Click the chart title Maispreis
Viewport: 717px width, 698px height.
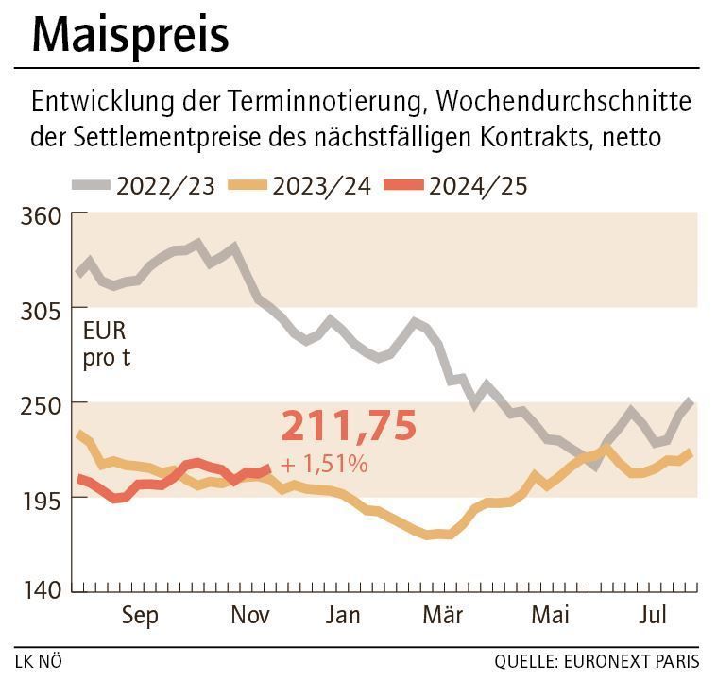click(x=130, y=35)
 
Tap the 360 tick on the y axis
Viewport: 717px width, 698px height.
click(x=41, y=215)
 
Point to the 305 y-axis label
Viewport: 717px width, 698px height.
click(x=41, y=310)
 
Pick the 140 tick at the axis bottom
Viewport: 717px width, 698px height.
click(x=41, y=590)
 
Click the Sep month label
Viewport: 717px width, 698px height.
click(x=140, y=616)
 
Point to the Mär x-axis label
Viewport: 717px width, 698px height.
click(x=442, y=616)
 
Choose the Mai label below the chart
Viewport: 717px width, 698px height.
click(x=550, y=616)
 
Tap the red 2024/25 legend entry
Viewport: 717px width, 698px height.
click(x=457, y=185)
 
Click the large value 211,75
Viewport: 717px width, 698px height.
click(x=349, y=427)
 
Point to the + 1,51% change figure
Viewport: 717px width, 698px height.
click(x=324, y=464)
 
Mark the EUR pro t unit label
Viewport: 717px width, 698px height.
click(x=106, y=345)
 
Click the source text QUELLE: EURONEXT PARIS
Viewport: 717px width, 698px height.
click(x=597, y=661)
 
